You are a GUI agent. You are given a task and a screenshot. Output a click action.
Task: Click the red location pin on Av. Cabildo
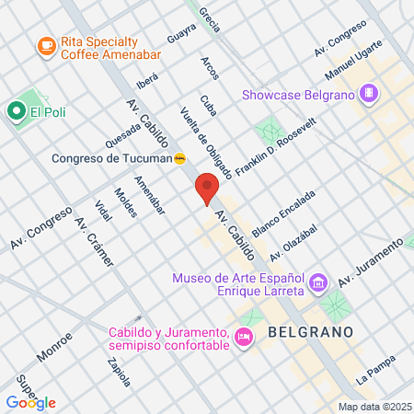tap(207, 188)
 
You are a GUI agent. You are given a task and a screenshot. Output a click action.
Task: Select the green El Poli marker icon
tap(16, 112)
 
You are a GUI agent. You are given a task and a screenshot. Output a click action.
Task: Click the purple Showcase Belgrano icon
tap(369, 93)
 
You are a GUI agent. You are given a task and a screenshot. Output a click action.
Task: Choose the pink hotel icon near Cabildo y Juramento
tap(244, 338)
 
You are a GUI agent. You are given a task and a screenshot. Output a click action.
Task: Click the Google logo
tap(30, 402)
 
